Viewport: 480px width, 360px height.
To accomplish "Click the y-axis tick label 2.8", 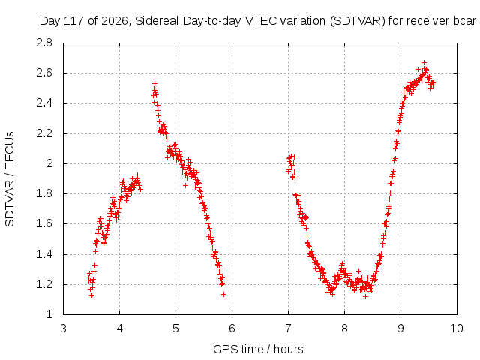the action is pos(44,43).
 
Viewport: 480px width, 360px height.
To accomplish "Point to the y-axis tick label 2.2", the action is pos(44,133).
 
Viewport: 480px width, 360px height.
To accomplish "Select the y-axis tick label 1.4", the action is pos(44,254).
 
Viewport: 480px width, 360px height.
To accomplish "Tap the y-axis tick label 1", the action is pos(49,314).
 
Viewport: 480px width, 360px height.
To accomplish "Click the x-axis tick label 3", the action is pos(63,328).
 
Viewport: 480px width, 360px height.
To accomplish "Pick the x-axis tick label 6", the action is pos(232,328).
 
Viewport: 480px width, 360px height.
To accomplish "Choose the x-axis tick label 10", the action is pos(457,328).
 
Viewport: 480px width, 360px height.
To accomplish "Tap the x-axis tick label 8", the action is pos(344,328).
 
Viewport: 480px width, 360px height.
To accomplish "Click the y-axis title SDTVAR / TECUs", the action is pos(10,179).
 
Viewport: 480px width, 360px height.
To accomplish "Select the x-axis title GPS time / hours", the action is pos(258,349).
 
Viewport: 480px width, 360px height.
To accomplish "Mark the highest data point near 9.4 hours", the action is pos(424,62).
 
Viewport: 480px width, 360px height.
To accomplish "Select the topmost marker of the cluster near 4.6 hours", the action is pos(155,83).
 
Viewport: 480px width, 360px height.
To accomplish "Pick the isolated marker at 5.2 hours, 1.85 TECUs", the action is pos(185,185).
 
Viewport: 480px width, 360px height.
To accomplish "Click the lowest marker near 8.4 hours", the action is pos(365,296).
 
